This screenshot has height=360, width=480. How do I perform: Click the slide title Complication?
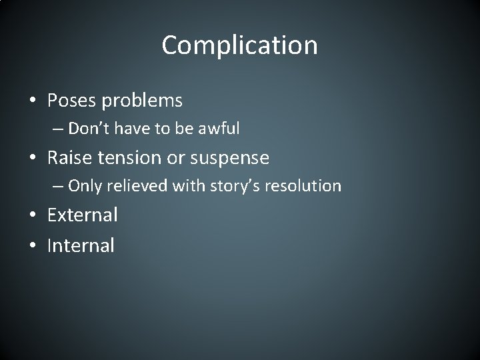tap(239, 46)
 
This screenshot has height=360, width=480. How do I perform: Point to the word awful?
tap(218, 129)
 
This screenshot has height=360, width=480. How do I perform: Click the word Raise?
tap(68, 157)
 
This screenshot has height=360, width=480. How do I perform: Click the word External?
tap(82, 215)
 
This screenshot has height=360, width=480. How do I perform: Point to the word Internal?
tap(81, 245)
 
